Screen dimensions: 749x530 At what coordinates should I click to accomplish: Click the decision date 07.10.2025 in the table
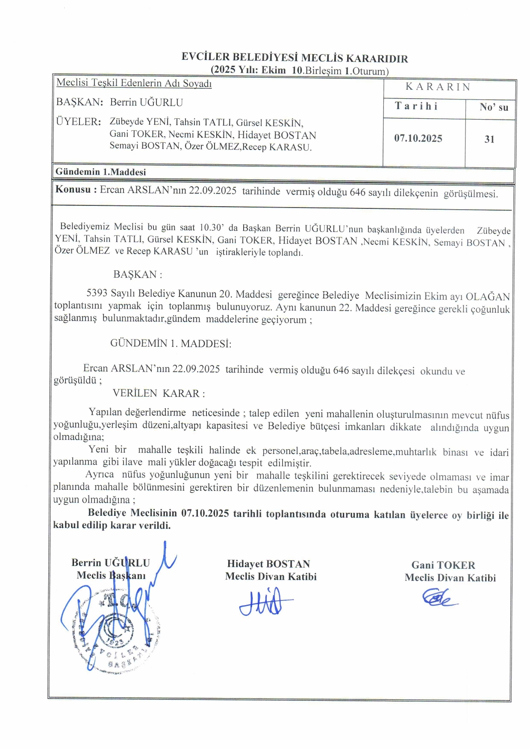[418, 138]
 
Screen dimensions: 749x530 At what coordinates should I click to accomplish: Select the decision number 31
[489, 139]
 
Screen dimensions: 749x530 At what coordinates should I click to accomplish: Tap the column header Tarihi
[416, 106]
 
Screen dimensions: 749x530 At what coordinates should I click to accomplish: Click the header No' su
[494, 107]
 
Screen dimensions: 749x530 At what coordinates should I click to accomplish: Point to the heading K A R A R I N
[438, 87]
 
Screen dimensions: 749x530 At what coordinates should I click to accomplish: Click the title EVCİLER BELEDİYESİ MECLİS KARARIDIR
[294, 58]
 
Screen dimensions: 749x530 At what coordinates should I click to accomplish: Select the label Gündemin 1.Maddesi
[101, 172]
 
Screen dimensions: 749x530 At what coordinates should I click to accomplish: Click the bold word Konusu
[73, 190]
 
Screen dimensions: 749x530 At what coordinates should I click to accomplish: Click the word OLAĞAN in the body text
[488, 296]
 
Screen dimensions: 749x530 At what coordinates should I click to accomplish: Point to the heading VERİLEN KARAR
[159, 393]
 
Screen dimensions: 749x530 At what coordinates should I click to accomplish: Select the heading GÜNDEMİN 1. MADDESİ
[171, 343]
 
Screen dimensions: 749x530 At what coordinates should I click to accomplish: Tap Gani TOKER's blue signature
[438, 597]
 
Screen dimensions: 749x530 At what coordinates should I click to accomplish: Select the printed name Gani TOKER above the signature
[443, 565]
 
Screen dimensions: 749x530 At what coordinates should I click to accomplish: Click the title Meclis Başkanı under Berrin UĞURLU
[111, 575]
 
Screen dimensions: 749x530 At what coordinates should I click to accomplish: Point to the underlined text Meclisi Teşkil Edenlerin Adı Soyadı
[134, 83]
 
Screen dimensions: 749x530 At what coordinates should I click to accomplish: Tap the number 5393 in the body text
[97, 293]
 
